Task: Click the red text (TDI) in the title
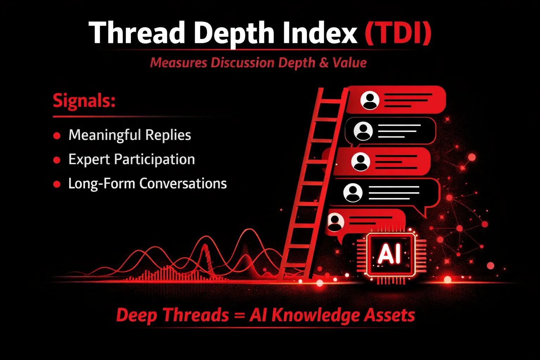tap(398, 33)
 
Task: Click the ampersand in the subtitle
tap(324, 63)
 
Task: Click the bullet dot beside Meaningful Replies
tap(57, 135)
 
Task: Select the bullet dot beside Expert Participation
tap(57, 160)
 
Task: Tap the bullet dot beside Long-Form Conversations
tap(57, 184)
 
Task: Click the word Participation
tap(154, 160)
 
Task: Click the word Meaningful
tap(105, 135)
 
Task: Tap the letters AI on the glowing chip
tap(389, 253)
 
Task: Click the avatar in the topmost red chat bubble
tap(369, 100)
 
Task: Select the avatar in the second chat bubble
tap(363, 131)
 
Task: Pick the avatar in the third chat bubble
tap(360, 162)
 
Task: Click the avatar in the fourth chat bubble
tap(353, 192)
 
